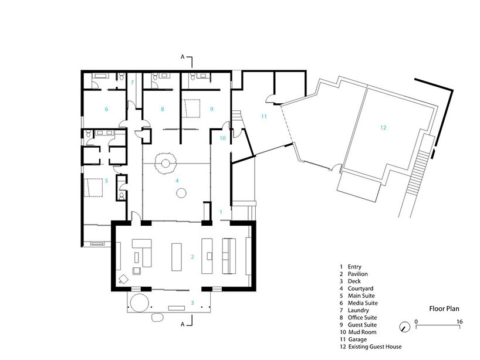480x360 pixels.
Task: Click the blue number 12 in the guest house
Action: point(383,128)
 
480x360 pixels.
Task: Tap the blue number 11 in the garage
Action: point(264,116)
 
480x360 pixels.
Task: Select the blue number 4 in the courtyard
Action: point(177,181)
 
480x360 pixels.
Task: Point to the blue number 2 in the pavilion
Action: point(192,257)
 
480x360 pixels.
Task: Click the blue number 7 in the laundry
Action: point(132,82)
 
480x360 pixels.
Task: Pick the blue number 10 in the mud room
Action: point(222,138)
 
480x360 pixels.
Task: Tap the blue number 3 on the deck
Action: point(192,303)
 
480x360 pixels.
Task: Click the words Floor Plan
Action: point(444,308)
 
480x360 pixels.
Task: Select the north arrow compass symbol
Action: point(405,327)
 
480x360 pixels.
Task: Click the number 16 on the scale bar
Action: point(459,321)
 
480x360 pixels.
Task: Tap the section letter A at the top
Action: point(182,57)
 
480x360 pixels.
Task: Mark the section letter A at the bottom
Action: point(182,324)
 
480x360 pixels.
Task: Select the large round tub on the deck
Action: point(140,302)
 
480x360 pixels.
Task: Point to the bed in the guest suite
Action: point(191,108)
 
